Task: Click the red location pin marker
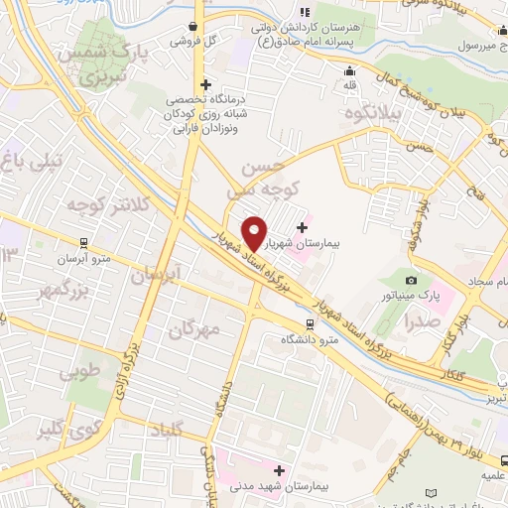point(255,232)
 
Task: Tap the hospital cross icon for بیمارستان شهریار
point(302,227)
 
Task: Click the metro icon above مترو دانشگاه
point(310,323)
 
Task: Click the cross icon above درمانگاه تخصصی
point(205,84)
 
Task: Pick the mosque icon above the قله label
point(349,70)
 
